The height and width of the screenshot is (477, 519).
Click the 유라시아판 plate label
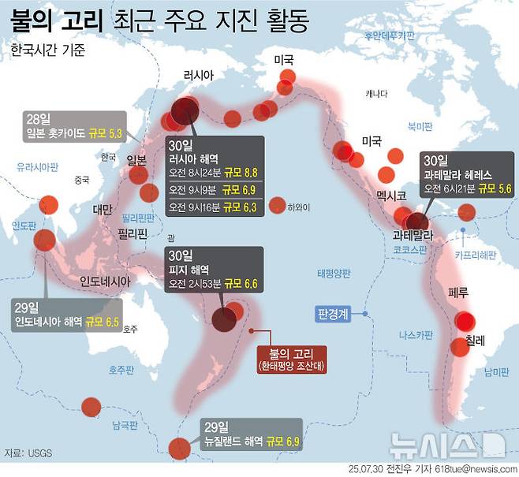click(x=38, y=166)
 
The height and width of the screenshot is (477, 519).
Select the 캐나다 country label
click(x=377, y=95)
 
